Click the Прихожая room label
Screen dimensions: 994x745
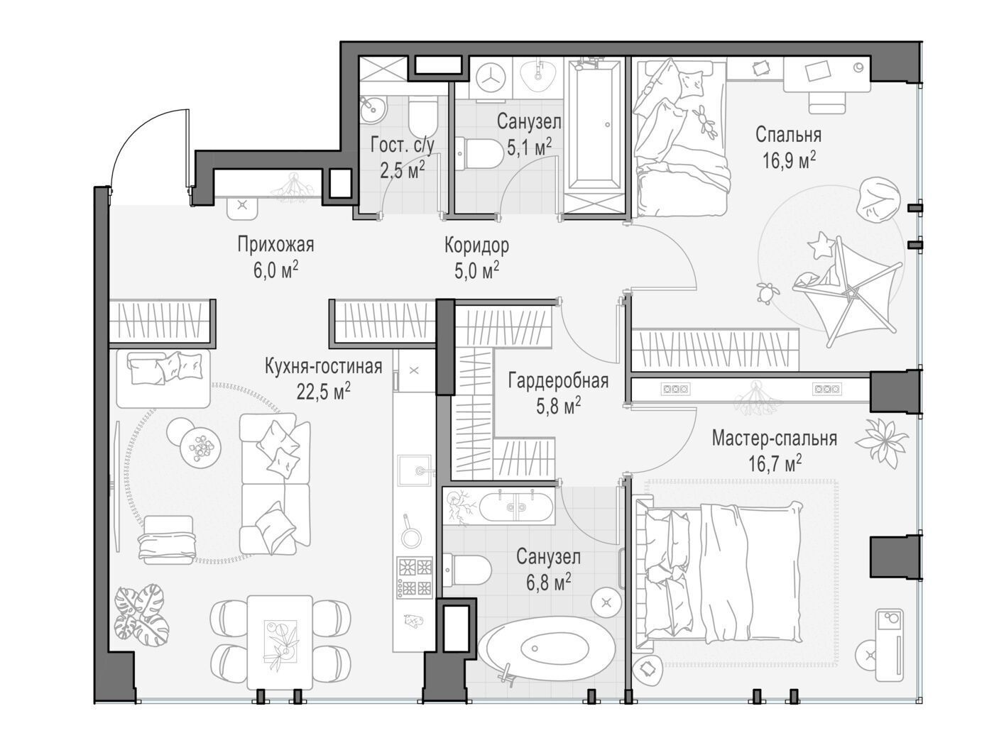275,245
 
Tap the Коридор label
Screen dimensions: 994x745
476,245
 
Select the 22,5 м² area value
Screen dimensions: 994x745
323,391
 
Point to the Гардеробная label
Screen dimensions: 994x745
558,381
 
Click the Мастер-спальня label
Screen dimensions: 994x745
775,438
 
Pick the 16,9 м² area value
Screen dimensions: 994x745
789,160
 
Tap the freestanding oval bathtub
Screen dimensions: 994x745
546,652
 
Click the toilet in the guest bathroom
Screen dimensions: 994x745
423,116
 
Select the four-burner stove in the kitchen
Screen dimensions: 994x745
415,577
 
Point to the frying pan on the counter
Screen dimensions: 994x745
410,532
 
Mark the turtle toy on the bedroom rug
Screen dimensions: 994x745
767,292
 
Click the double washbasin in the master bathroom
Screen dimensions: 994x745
515,507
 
